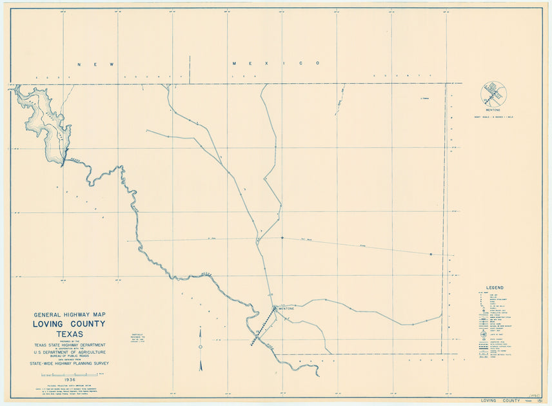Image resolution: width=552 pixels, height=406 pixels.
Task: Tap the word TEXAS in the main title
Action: pos(70,334)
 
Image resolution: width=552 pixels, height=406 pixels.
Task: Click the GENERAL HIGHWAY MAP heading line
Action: pos(70,315)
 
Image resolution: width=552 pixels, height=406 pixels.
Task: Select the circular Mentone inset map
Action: pos(493,94)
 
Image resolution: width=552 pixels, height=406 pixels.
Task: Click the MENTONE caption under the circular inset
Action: pos(493,110)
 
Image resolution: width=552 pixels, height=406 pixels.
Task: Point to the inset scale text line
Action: pos(493,116)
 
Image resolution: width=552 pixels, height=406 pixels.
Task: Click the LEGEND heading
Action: pos(495,287)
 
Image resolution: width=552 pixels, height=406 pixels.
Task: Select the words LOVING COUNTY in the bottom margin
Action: pos(498,400)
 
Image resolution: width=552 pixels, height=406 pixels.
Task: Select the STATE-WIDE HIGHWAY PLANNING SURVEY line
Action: pos(70,363)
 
